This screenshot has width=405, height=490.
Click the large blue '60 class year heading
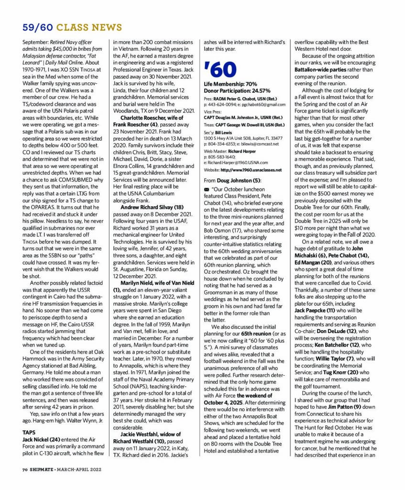(220, 70)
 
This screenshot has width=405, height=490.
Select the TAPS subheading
(29, 432)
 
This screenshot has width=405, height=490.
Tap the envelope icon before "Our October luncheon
(207, 189)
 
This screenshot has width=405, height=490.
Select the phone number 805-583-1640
(221, 156)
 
